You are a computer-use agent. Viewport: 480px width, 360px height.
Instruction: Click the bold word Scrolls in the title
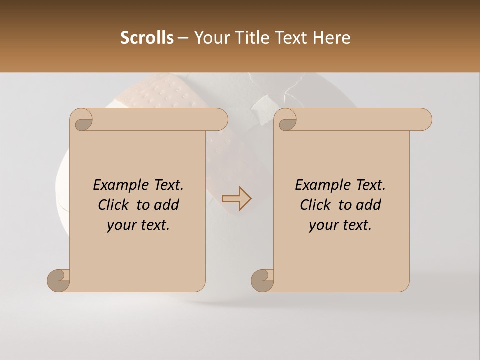(147, 38)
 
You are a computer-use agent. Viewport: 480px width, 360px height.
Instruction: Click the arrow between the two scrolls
(237, 199)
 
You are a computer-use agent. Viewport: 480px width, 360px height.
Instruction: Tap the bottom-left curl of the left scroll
(59, 280)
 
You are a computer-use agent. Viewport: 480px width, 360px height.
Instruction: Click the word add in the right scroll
(368, 205)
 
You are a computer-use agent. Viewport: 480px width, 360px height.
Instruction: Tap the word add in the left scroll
(166, 205)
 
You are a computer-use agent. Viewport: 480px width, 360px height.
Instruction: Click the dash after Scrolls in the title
(183, 38)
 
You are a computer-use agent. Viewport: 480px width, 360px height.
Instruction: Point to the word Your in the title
(209, 38)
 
